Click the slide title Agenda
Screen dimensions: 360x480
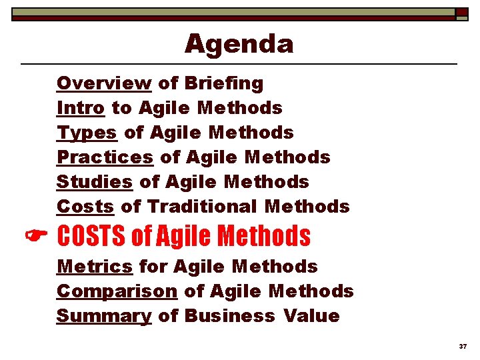coord(239,44)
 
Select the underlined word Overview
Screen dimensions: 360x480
coord(104,83)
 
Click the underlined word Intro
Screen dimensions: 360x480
coord(80,108)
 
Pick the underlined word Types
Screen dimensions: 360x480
coord(87,133)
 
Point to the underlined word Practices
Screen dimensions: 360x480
coord(105,157)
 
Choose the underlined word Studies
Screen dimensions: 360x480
coord(94,182)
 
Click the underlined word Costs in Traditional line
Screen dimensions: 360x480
coord(85,207)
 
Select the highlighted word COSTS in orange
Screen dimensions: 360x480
coord(92,236)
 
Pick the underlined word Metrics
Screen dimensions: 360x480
coord(95,267)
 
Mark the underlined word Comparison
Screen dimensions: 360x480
coord(117,291)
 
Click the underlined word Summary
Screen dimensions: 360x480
coord(104,316)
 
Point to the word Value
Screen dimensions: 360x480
coord(311,316)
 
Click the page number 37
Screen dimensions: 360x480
coord(463,347)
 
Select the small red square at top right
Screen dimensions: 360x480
coord(461,12)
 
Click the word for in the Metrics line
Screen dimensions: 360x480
coord(153,267)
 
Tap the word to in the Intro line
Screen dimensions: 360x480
coord(121,108)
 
